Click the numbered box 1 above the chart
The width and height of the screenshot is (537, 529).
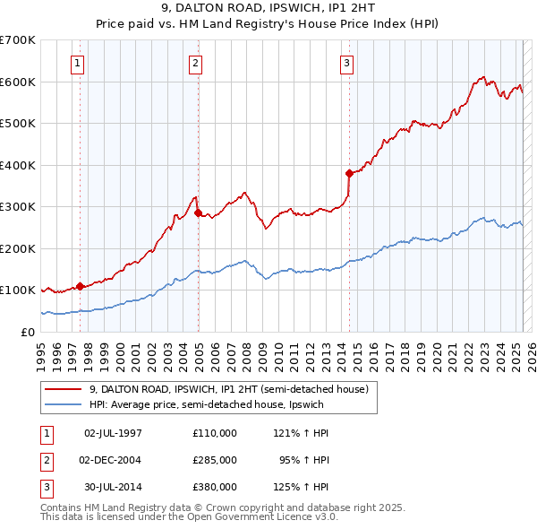point(79,63)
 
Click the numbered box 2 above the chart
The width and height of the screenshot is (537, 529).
point(195,63)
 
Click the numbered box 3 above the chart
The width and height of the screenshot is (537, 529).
point(346,63)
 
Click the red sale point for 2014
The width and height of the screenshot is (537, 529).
point(349,173)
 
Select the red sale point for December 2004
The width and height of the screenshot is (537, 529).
point(198,212)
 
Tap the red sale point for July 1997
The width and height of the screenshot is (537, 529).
point(80,286)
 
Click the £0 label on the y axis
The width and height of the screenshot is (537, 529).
point(27,332)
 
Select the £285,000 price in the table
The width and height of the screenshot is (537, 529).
point(215,460)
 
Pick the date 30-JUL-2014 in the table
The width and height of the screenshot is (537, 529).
point(113,487)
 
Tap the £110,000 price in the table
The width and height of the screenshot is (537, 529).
point(215,432)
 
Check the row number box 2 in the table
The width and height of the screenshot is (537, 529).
point(46,460)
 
